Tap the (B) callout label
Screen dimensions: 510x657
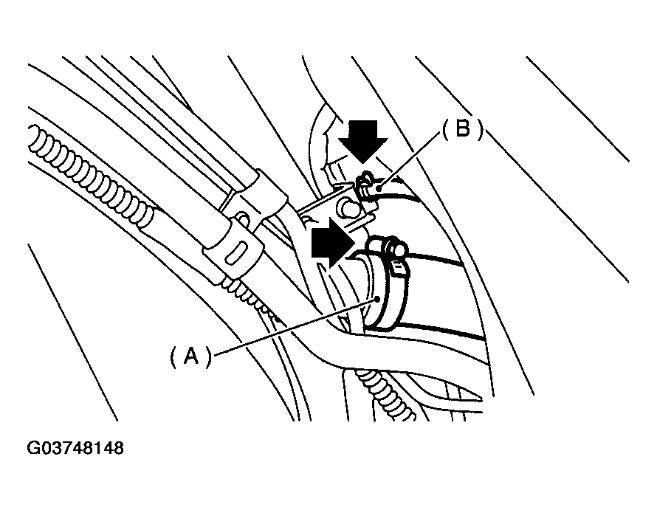(x=462, y=131)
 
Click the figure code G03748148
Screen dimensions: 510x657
(x=75, y=448)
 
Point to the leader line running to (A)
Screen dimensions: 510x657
(x=295, y=328)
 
